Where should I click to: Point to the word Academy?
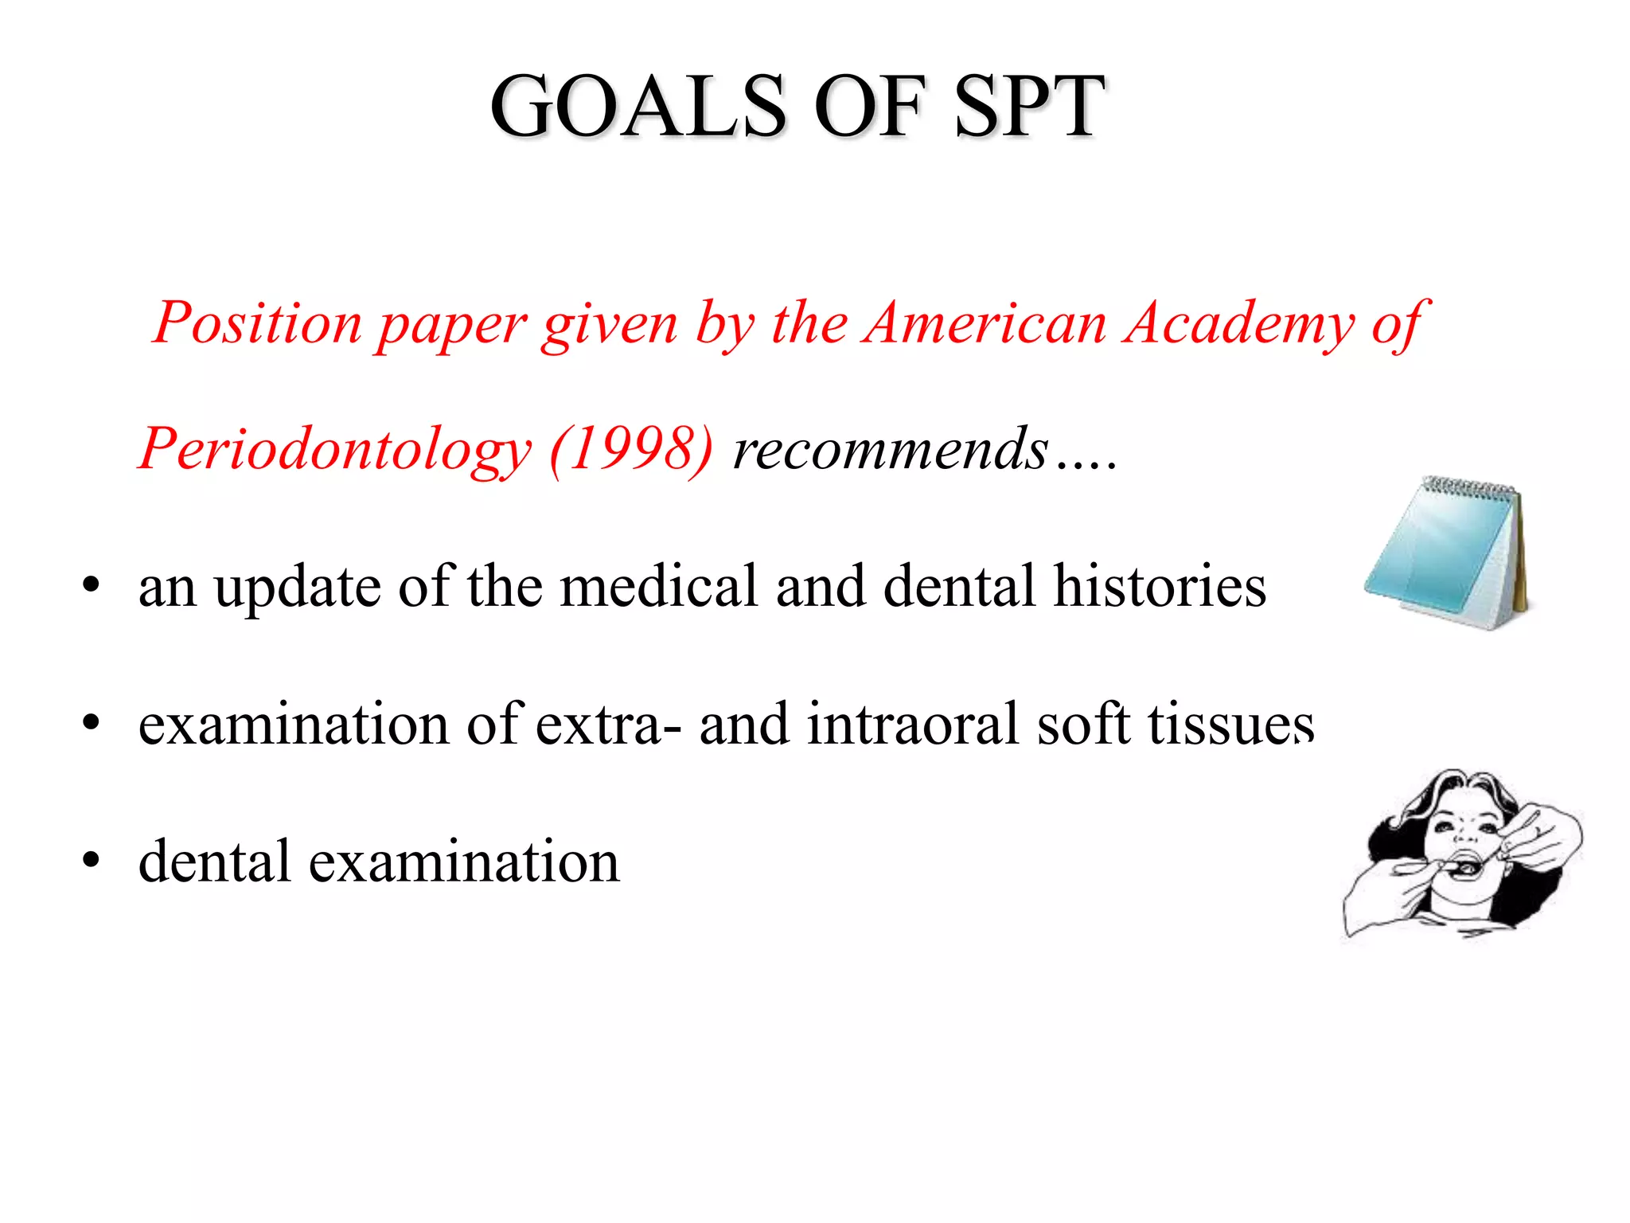coord(1238,325)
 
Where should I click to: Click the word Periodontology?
coord(334,450)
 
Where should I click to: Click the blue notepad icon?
coord(1441,557)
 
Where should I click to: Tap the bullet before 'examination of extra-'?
coord(91,724)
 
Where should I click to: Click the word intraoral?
coord(912,724)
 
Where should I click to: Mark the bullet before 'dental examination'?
coord(91,861)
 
